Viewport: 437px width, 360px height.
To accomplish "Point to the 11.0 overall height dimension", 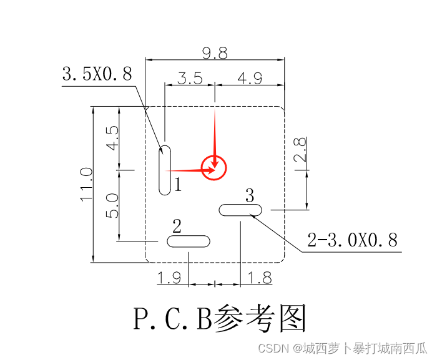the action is pyautogui.click(x=86, y=184).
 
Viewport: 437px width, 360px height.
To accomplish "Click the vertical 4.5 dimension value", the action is pyautogui.click(x=112, y=138).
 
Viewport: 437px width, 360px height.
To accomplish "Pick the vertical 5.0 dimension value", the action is pyautogui.click(x=112, y=205).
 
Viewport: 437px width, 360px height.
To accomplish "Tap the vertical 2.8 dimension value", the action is pyautogui.click(x=300, y=150).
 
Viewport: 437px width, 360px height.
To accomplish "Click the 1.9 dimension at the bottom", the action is pyautogui.click(x=169, y=278).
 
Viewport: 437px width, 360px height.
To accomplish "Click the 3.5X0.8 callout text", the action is pyautogui.click(x=97, y=75).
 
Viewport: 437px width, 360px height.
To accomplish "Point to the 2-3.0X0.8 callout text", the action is pyautogui.click(x=353, y=240).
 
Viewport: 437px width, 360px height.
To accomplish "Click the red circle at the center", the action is pyautogui.click(x=214, y=168).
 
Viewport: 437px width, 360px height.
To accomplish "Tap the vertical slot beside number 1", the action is pyautogui.click(x=165, y=170).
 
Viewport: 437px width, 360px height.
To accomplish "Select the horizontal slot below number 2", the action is pyautogui.click(x=189, y=241).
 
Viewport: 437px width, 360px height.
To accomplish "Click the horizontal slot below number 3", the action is pyautogui.click(x=241, y=210).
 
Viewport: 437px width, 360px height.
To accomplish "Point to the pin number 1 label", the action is pyautogui.click(x=178, y=184).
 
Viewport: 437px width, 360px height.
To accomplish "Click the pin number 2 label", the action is pyautogui.click(x=177, y=225).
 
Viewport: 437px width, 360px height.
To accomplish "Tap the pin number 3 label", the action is pyautogui.click(x=250, y=196).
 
